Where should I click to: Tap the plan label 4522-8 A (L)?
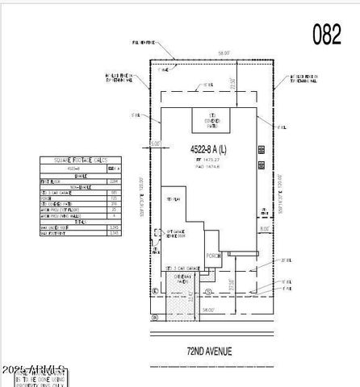coord(208,150)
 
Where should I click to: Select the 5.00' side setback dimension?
coord(156,145)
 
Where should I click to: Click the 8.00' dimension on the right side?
coord(264,230)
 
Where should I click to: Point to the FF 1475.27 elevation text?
coord(209,161)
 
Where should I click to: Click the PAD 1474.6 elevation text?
coord(209,169)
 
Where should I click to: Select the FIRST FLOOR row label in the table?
coord(57,183)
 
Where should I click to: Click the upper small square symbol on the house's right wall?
coord(260,148)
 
